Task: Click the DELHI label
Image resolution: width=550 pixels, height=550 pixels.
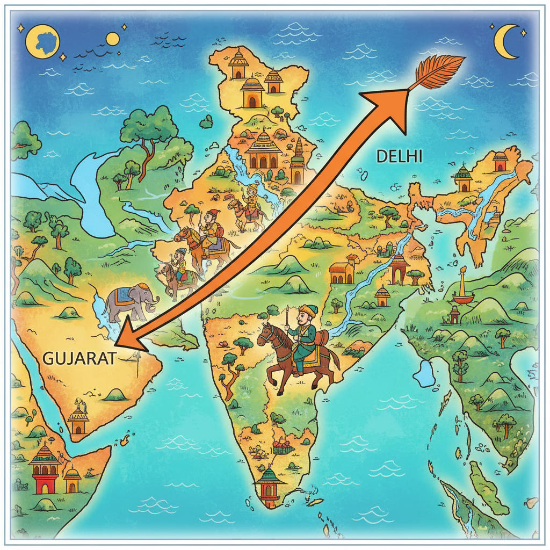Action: point(400,156)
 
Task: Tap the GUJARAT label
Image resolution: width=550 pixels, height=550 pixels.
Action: point(78,359)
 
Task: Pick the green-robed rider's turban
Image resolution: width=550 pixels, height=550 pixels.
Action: point(308,310)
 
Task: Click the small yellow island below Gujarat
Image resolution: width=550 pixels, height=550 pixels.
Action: point(126,441)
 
